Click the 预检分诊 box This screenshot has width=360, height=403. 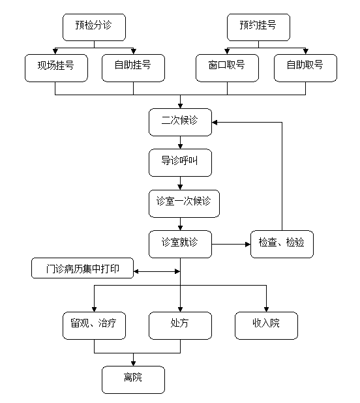point(94,27)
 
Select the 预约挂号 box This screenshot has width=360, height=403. point(258,27)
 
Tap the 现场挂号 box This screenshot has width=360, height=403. point(56,68)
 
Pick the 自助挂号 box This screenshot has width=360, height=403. point(133,68)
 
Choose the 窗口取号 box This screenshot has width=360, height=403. point(227,68)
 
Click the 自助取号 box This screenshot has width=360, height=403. point(305,68)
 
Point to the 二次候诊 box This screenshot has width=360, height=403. point(181,122)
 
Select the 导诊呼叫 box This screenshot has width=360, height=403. point(181,162)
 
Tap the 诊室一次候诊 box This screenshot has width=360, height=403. point(185,203)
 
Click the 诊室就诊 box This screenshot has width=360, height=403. point(181,244)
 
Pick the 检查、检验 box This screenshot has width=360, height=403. point(282,244)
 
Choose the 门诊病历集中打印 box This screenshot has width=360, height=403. point(82,268)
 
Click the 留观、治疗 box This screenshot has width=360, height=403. point(94,325)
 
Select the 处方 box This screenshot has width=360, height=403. point(181,325)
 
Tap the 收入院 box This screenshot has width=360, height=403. point(266,325)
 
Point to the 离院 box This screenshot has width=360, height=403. point(133,380)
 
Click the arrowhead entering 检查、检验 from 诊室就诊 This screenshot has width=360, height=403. point(248,244)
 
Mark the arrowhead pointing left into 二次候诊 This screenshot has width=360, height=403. point(215,123)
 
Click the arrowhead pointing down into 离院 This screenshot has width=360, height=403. point(133,363)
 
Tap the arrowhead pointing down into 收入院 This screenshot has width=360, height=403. point(266,309)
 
